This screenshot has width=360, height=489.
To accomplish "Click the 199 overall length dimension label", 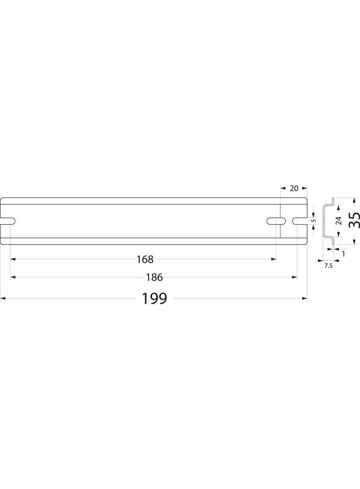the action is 155,299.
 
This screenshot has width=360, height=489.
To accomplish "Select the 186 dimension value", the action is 154,277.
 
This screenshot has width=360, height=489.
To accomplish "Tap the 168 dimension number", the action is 145,259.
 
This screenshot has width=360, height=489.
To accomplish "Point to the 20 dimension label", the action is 294,188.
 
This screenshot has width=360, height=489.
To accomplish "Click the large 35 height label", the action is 354,221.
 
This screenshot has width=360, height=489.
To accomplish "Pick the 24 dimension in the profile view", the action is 338,221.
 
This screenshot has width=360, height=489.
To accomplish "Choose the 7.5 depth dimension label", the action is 328,266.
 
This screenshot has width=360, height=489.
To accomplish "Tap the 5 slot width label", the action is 314,220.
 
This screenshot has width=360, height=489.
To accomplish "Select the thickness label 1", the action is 343,254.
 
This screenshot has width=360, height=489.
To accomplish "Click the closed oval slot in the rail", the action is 276,221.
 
